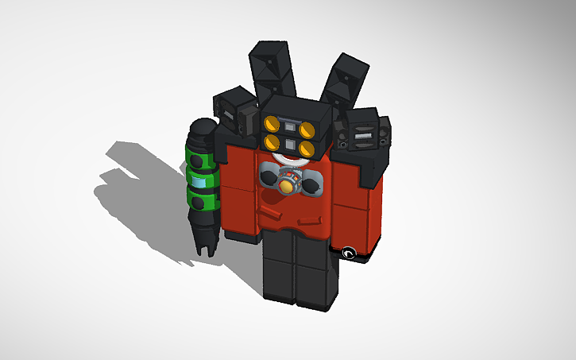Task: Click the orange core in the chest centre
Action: click(x=285, y=185)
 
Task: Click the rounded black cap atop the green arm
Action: click(x=203, y=129)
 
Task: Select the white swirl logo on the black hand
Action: click(x=348, y=254)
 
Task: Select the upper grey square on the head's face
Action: click(x=292, y=128)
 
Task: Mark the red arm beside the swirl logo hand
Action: click(x=354, y=211)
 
